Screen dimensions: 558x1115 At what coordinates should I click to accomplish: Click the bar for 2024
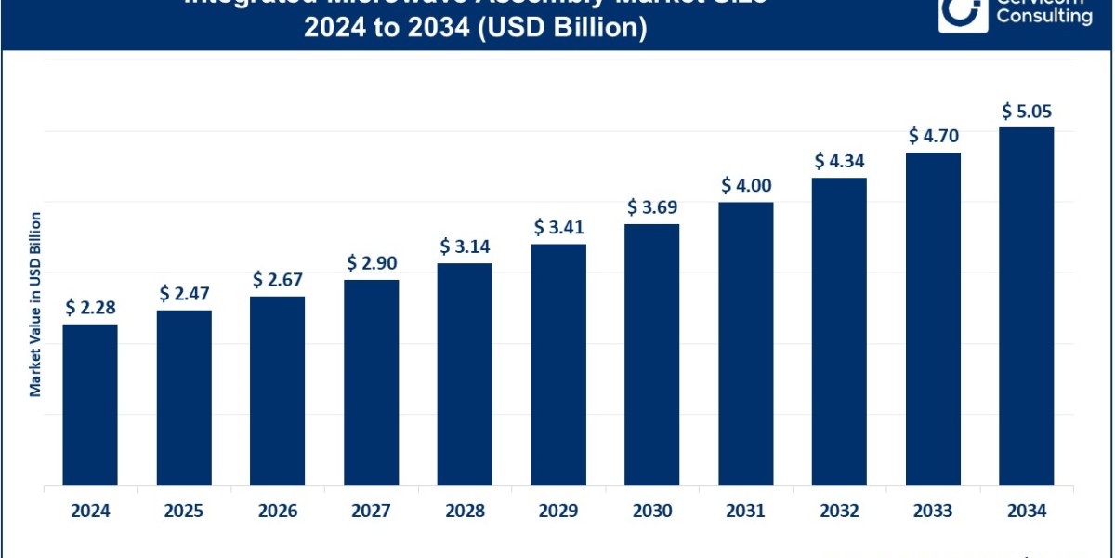[90, 405]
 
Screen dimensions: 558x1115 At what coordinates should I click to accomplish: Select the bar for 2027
[371, 381]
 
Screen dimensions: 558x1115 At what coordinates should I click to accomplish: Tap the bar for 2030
[651, 353]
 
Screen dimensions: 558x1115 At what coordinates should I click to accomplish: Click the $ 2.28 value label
[90, 307]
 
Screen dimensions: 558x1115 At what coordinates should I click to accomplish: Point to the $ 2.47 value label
[184, 294]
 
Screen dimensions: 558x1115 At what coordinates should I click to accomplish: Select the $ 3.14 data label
[465, 246]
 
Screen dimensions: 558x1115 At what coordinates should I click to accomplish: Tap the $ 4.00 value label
[745, 185]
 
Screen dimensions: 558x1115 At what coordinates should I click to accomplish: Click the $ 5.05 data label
[1026, 111]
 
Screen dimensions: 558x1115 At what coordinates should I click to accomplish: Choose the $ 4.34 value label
[839, 160]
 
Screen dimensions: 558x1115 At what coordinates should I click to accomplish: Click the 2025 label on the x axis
[184, 511]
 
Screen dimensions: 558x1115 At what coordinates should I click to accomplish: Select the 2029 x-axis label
[558, 511]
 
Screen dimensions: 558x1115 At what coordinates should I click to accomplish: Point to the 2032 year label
[839, 511]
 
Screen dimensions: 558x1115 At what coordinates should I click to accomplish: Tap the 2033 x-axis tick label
[933, 511]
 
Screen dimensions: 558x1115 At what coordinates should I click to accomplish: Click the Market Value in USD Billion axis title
[35, 305]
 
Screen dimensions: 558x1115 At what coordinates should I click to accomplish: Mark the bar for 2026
[277, 391]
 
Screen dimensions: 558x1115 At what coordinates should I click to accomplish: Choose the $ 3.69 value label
[651, 206]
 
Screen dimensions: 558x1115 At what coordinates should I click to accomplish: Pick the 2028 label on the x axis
[465, 511]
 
